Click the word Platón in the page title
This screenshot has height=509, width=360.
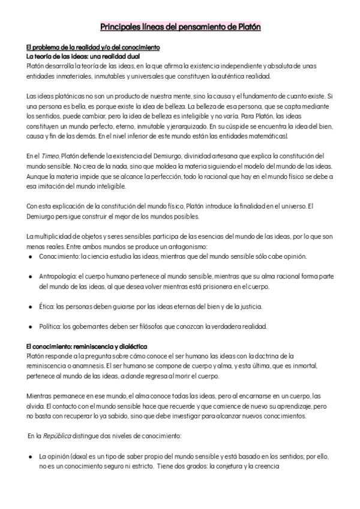coord(246,27)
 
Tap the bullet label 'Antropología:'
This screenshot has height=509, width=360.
coord(59,277)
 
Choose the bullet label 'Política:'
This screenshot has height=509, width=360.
coord(51,327)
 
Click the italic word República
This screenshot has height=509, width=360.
coord(59,435)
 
